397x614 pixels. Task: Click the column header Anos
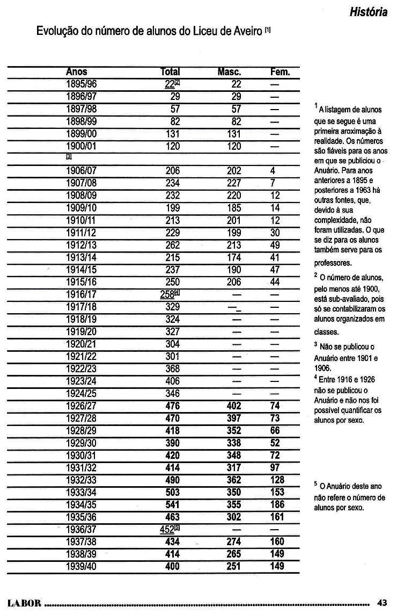[76, 72]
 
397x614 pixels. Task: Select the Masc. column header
[230, 72]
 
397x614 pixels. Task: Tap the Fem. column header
[280, 72]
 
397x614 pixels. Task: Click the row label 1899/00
[81, 134]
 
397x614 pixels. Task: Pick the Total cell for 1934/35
[170, 505]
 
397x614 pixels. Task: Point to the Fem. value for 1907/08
[274, 183]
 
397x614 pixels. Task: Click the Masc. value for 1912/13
[234, 245]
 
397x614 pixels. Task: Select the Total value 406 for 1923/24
[173, 381]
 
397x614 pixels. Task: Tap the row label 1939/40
[81, 566]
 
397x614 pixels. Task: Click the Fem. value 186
[277, 505]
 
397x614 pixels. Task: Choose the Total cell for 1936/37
[168, 530]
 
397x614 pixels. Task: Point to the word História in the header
[368, 12]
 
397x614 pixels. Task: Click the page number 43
[382, 602]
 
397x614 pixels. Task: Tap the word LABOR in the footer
[24, 603]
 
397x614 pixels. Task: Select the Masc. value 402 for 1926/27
[234, 406]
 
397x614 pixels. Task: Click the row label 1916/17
[81, 294]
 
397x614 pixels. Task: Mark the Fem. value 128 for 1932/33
[277, 480]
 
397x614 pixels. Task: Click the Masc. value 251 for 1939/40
[234, 566]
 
